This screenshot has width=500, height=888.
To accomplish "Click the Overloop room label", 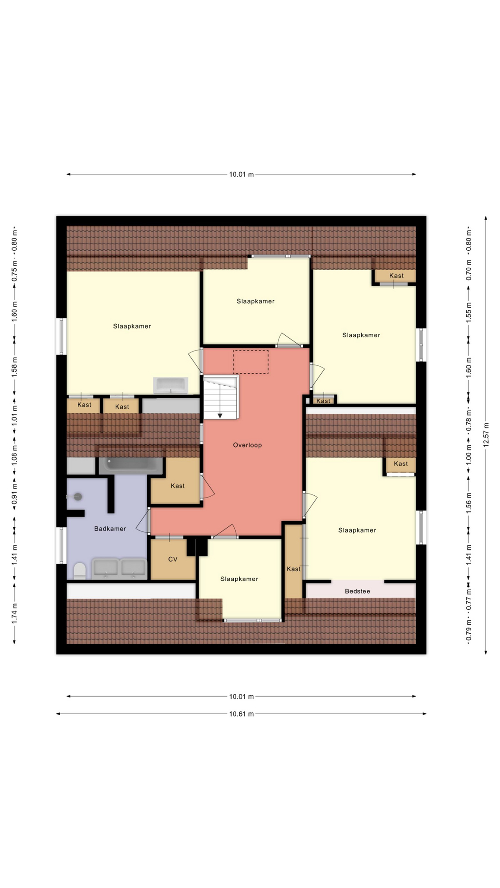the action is pos(247,445).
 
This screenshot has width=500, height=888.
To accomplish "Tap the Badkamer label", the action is pos(110,529).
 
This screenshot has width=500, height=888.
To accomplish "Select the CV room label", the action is pos(173,559).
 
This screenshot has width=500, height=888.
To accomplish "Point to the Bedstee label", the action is pos(357,591).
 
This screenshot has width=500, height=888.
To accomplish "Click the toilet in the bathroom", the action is pos(80,571).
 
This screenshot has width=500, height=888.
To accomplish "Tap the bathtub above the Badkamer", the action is pos(131,465).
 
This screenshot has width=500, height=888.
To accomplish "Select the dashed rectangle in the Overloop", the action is pos(250,362).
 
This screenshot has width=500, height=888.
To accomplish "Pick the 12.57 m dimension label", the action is pos(486,434).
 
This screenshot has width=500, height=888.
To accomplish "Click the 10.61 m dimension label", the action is pos(241,714).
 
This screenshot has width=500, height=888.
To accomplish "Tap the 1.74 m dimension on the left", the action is pos(14,613).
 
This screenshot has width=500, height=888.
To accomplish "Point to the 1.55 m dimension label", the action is pos(469,313).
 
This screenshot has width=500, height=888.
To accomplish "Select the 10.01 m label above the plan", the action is pos(241,174).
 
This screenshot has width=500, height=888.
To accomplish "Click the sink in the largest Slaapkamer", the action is pos(171,385).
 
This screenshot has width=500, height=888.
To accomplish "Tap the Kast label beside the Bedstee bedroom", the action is pos(294,569).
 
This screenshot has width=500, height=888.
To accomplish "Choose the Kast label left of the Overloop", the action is pos(178,486).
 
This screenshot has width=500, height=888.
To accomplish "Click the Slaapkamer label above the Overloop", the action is pos(256,301).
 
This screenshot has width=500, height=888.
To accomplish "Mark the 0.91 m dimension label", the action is pos(14,494).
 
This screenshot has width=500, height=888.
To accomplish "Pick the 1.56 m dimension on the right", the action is pos(469,500).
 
